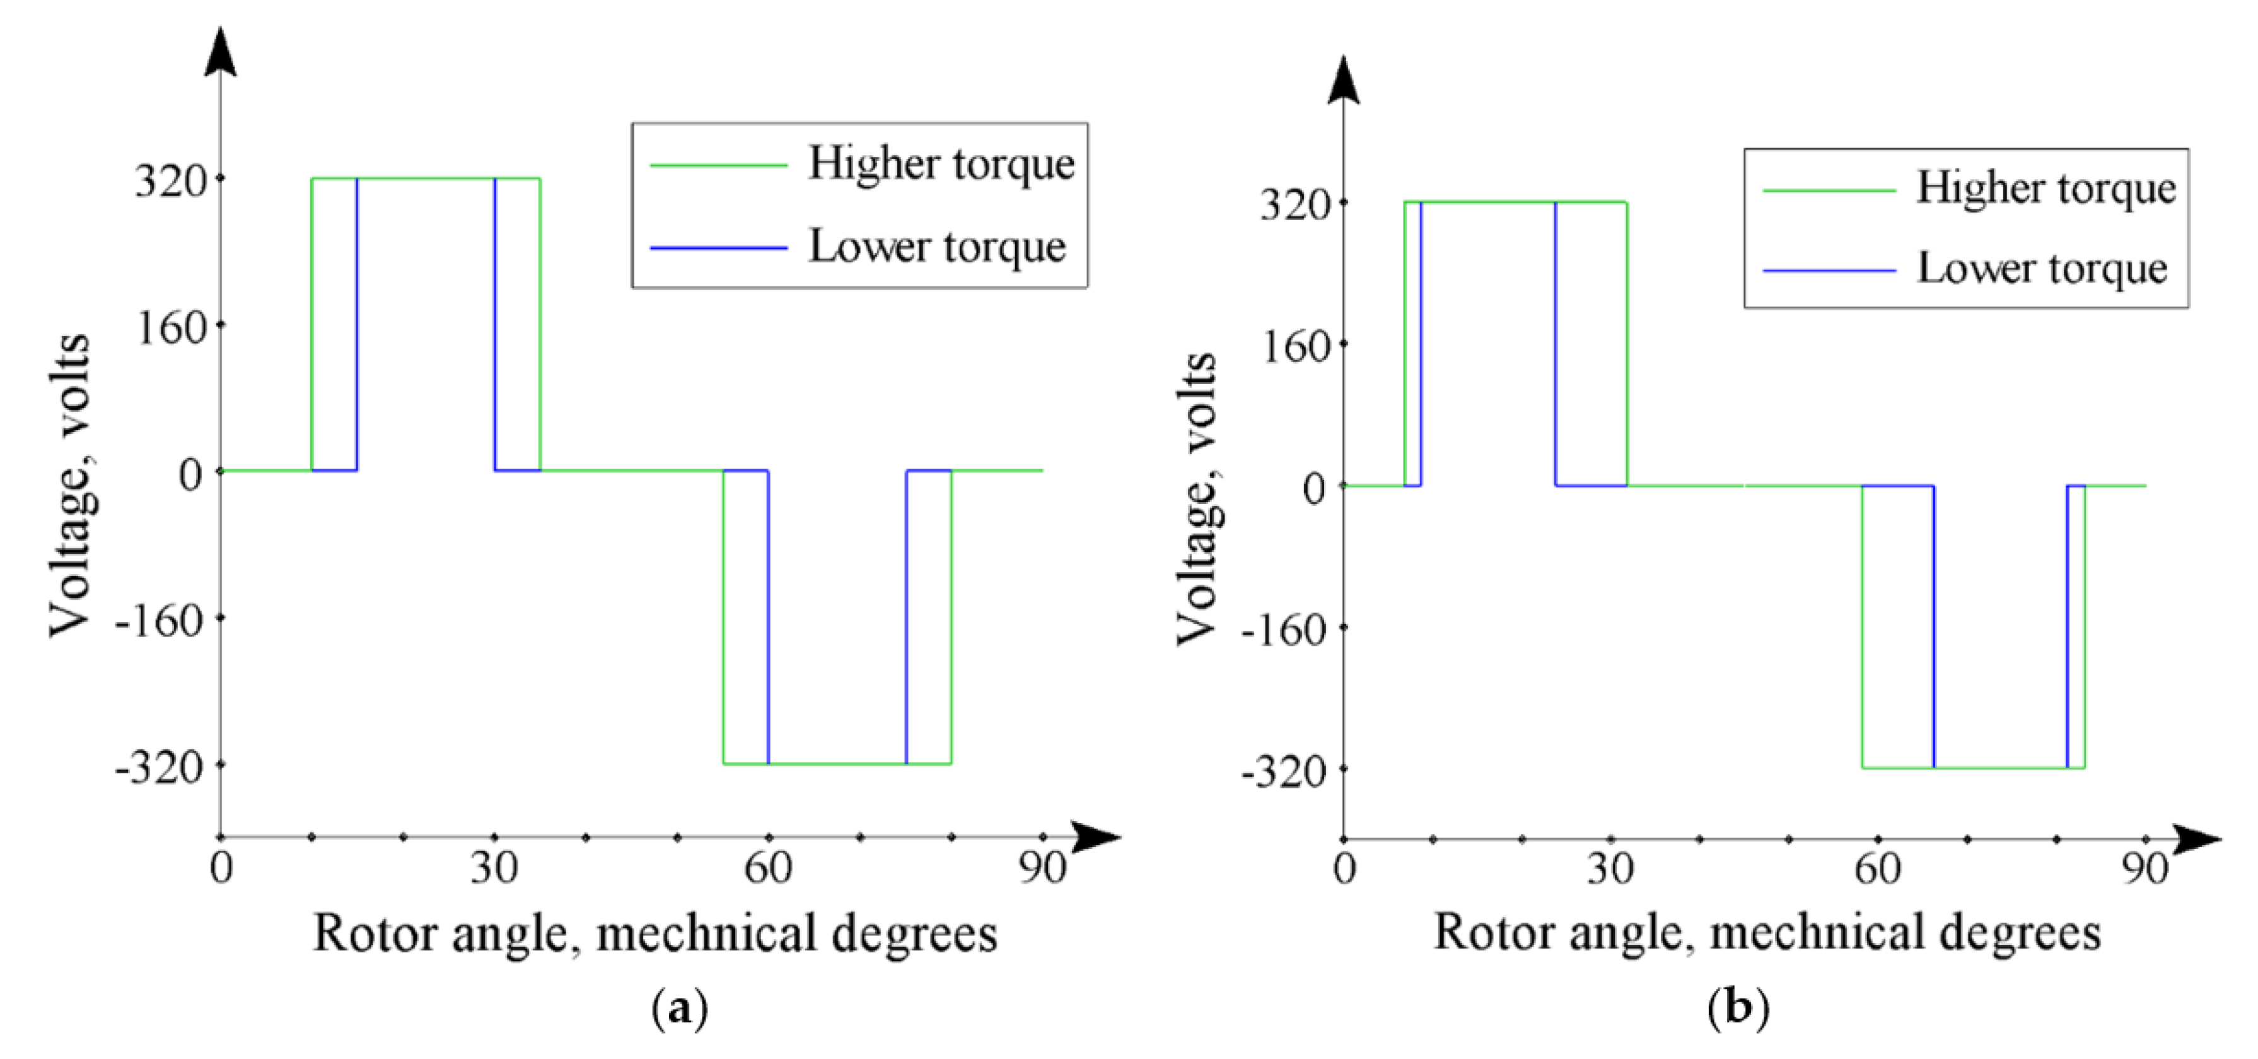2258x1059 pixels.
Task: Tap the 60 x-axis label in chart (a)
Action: point(768,869)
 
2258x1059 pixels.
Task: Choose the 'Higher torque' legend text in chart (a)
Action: point(941,164)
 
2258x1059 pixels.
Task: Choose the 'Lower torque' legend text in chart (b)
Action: point(2042,268)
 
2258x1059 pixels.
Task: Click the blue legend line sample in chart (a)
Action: point(718,248)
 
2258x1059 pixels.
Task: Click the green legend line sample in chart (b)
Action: point(1829,189)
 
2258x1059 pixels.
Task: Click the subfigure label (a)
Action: point(680,1009)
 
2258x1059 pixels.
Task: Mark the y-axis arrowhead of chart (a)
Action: point(220,52)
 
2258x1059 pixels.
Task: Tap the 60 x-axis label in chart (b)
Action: point(1878,869)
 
